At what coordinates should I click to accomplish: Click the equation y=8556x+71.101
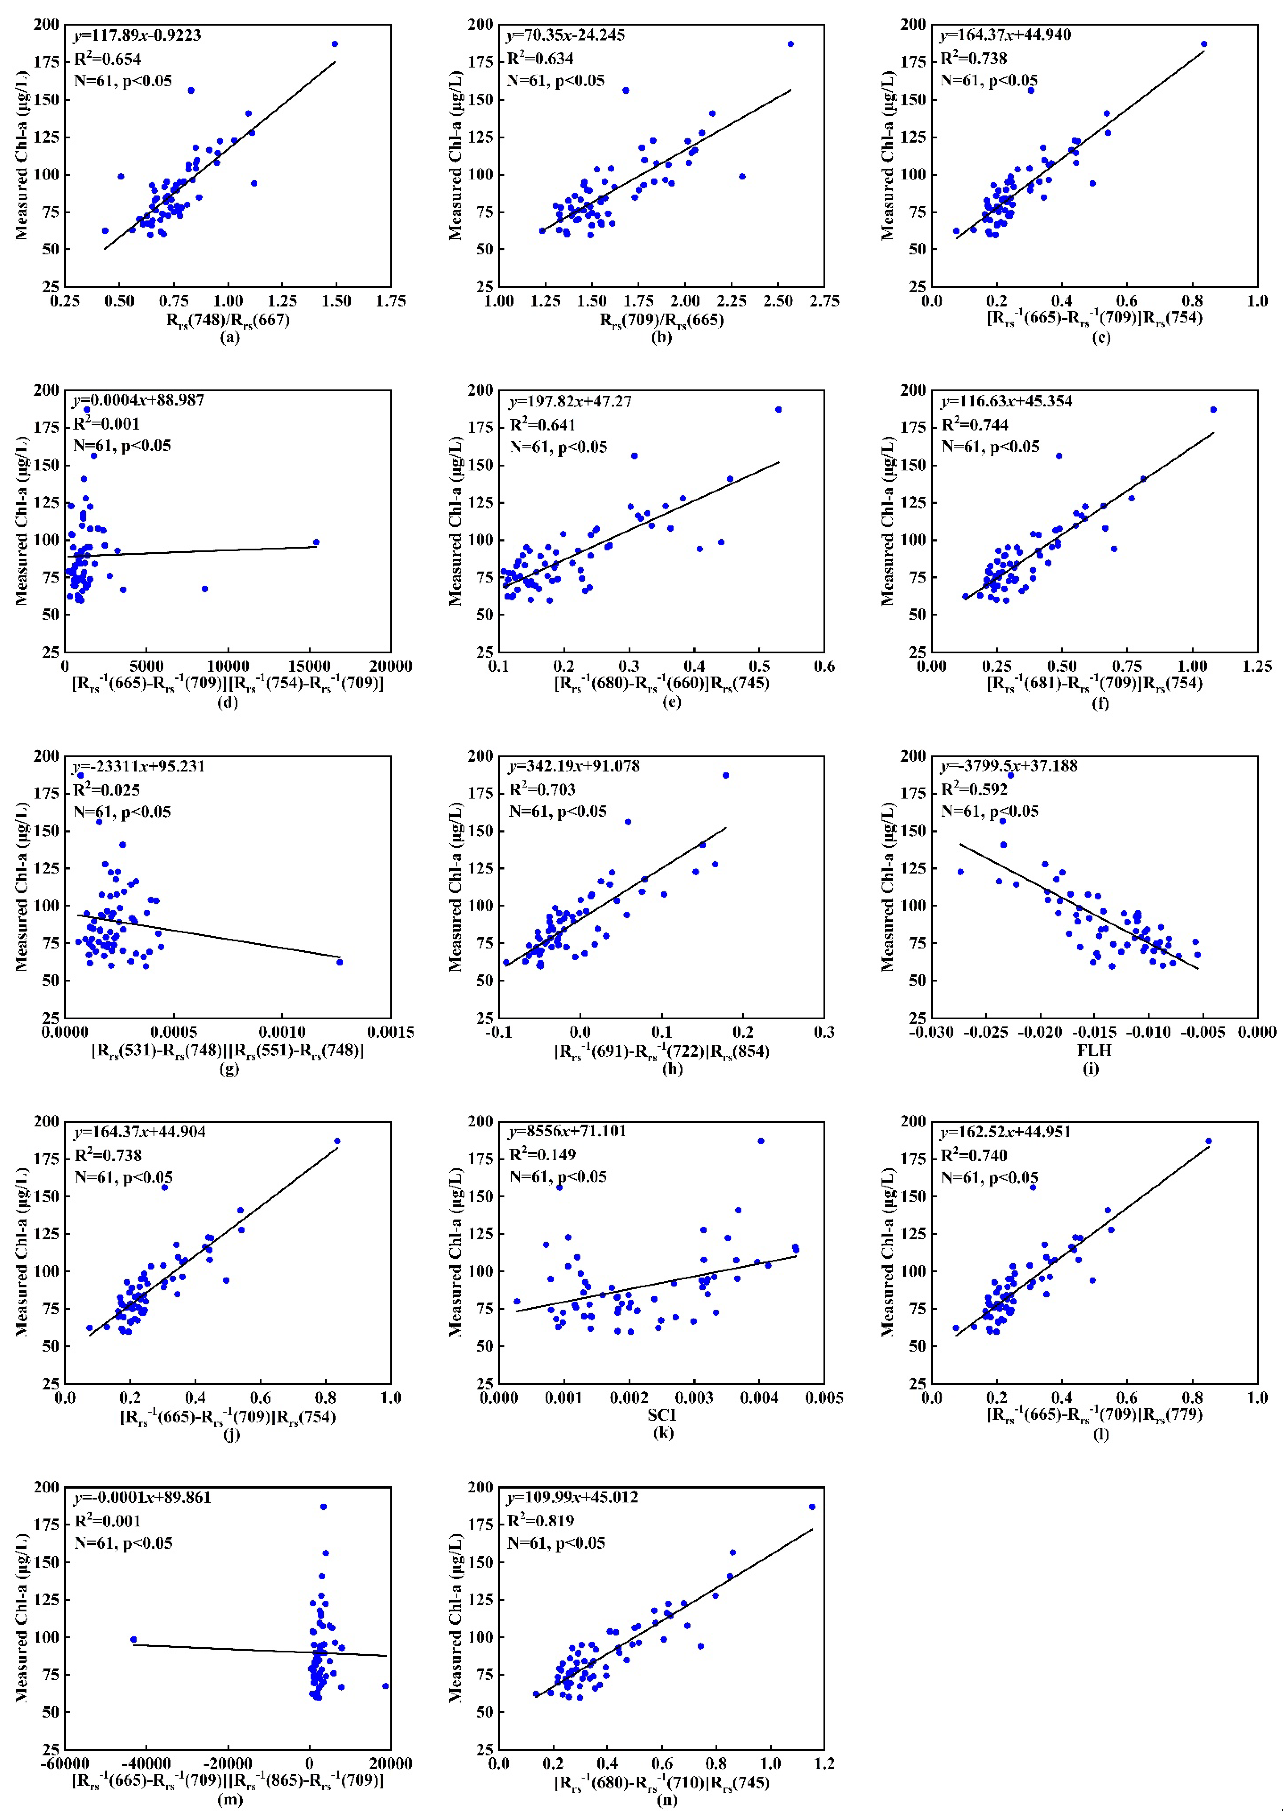pyautogui.click(x=567, y=1131)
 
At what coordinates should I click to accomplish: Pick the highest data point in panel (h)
pyautogui.click(x=725, y=775)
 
